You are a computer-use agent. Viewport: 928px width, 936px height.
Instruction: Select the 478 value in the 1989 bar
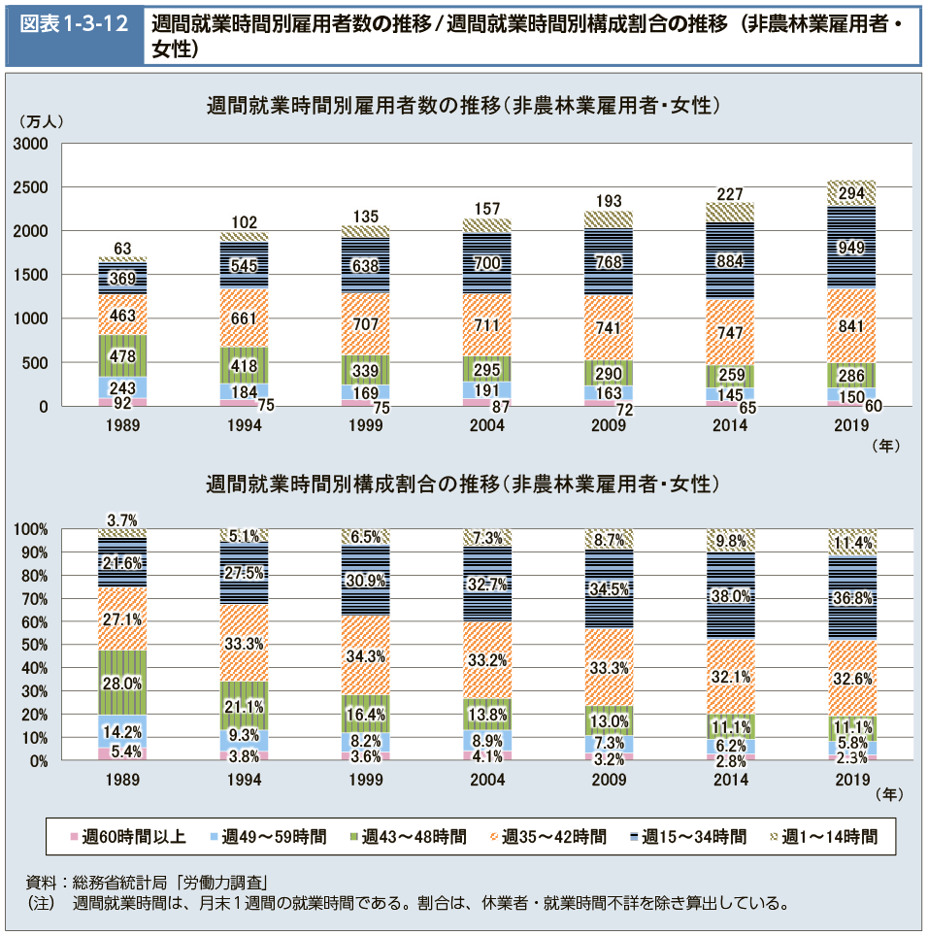(x=123, y=356)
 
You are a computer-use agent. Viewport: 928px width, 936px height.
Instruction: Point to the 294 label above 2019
(x=851, y=193)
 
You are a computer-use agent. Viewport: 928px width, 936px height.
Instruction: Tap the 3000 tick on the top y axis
(x=32, y=144)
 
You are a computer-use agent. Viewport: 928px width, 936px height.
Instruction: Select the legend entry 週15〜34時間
(x=688, y=836)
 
